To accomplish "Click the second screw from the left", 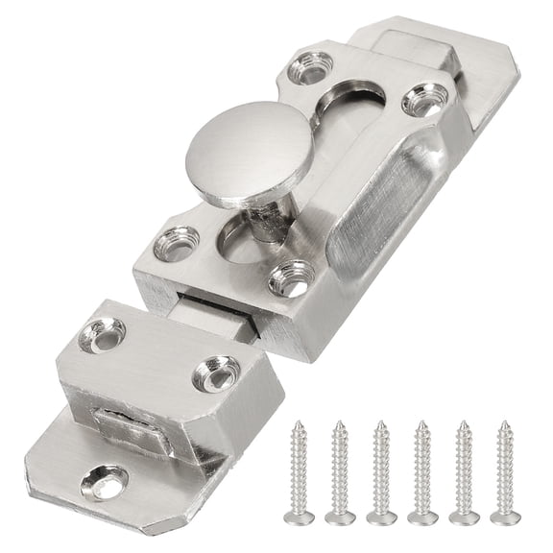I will (x=340, y=470).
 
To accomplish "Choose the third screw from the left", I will (x=380, y=470).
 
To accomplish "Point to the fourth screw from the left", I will (x=421, y=469).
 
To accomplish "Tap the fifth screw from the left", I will (x=463, y=469).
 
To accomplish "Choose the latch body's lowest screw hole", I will (x=290, y=278).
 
